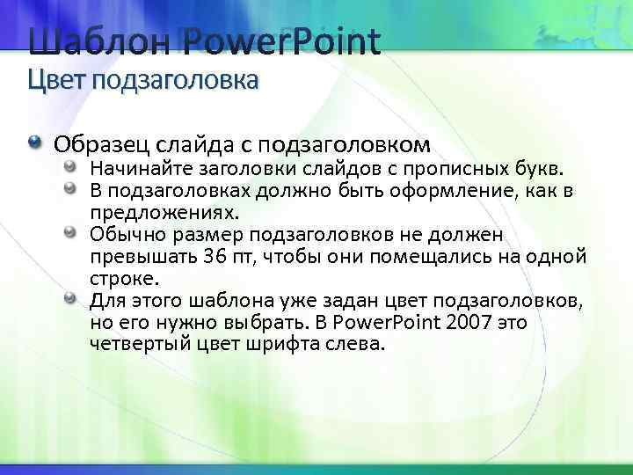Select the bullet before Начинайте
70,166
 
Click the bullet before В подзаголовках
70,189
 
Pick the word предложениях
164,213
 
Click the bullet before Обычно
70,233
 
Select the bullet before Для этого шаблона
70,299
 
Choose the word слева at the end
356,344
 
